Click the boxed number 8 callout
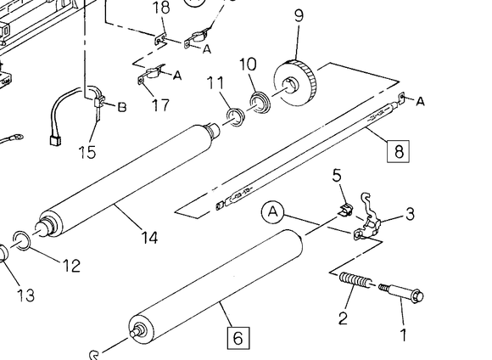(x=398, y=151)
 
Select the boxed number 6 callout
(x=238, y=338)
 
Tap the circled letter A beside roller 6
(x=272, y=212)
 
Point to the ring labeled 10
(x=260, y=103)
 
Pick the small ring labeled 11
(x=236, y=117)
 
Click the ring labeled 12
(x=22, y=240)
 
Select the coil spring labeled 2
(x=355, y=280)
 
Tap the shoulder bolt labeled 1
(x=401, y=293)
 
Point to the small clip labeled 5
(x=345, y=210)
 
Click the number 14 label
(x=149, y=237)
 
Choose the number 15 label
(x=87, y=152)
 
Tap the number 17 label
(x=160, y=105)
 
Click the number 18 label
(x=161, y=8)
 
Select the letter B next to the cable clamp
(x=122, y=107)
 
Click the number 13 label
(x=25, y=295)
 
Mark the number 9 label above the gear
(x=299, y=15)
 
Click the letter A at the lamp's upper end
(x=421, y=102)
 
